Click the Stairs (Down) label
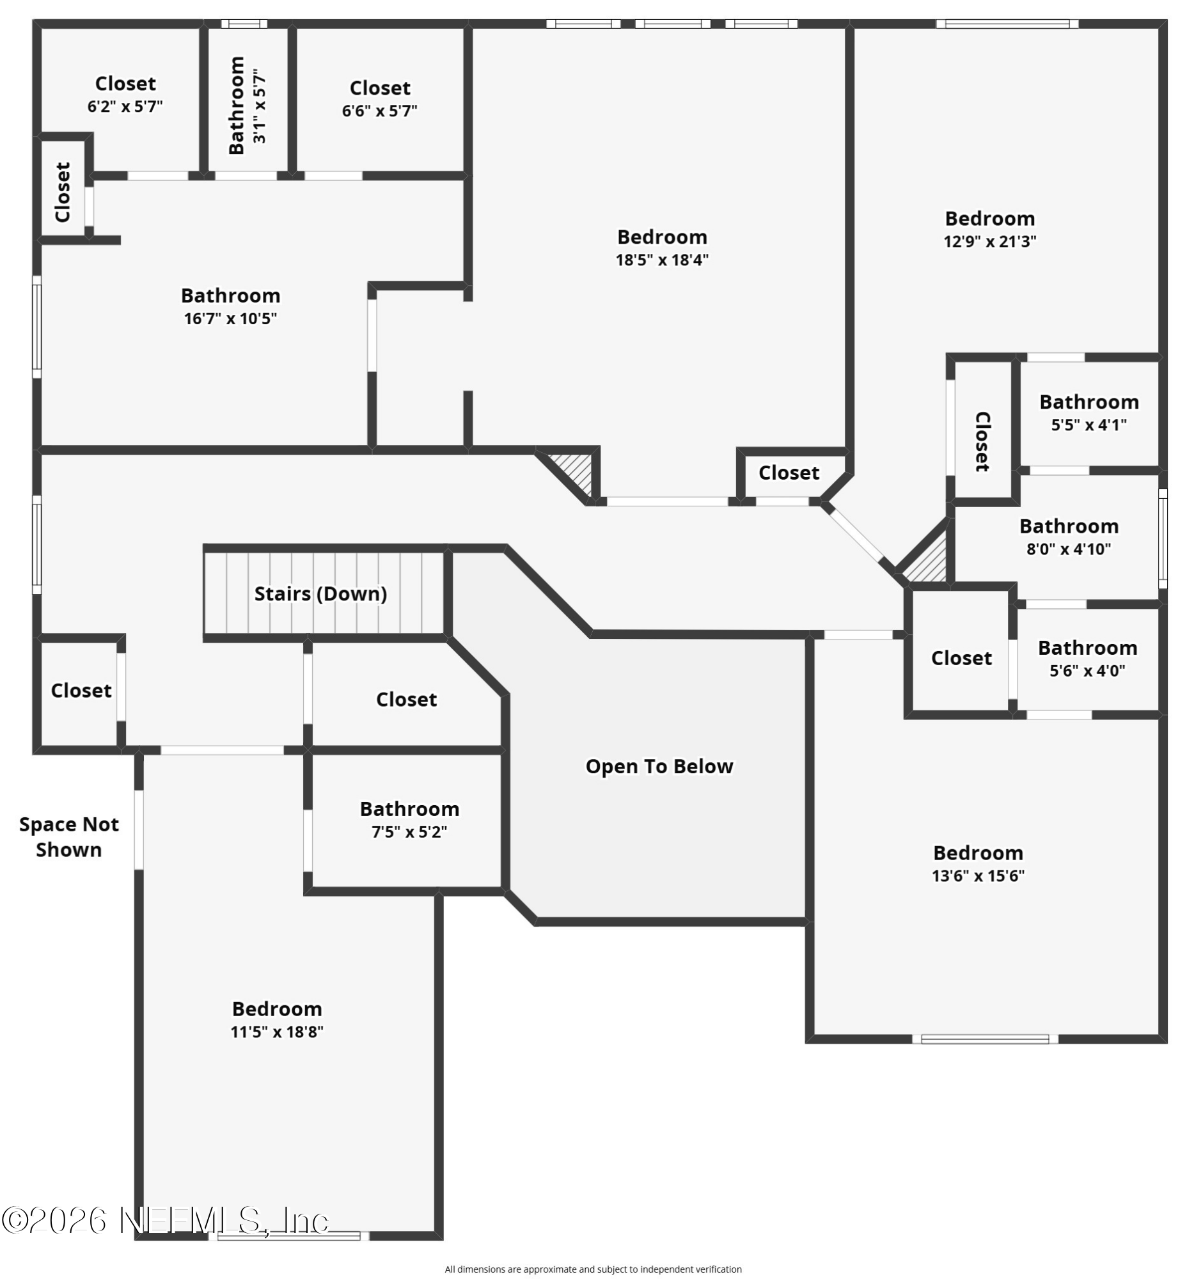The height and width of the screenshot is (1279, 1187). tap(320, 593)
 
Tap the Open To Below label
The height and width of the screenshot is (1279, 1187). tap(659, 766)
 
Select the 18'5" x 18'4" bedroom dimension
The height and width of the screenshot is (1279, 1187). tap(661, 260)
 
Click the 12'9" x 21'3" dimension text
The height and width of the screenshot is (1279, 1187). tap(989, 242)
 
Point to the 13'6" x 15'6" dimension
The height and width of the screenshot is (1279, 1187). tap(978, 875)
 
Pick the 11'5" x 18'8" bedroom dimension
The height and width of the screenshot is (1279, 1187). tap(276, 1032)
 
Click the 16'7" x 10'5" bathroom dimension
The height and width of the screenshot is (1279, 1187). tap(230, 318)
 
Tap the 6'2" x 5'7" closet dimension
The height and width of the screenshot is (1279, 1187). tap(125, 106)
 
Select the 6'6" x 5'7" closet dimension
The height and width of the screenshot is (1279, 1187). tap(380, 111)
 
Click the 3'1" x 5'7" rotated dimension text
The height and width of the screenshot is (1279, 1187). tap(260, 106)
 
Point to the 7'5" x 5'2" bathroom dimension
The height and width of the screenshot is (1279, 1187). tap(409, 832)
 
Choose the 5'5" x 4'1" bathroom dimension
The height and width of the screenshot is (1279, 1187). tap(1089, 425)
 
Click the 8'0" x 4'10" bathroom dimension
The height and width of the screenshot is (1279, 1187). tap(1069, 549)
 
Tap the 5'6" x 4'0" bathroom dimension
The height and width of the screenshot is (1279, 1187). tap(1087, 671)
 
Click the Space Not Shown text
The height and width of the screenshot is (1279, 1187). tap(68, 837)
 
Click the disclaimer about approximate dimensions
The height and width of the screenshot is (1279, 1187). tap(593, 1269)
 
